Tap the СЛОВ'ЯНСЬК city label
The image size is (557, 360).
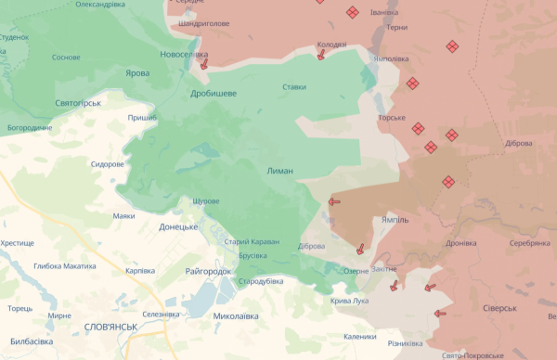110,327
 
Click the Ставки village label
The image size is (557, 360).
294,87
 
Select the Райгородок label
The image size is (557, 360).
208,271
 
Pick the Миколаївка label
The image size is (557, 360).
236,315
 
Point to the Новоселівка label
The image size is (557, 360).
183,55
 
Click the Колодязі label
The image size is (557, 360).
331,44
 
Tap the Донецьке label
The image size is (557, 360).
178,225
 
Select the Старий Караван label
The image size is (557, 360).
252,241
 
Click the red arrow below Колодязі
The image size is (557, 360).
321,55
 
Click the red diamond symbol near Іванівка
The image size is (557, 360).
353,12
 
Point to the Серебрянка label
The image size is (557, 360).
529,243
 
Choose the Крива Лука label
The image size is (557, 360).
349,301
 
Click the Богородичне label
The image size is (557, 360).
30,127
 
